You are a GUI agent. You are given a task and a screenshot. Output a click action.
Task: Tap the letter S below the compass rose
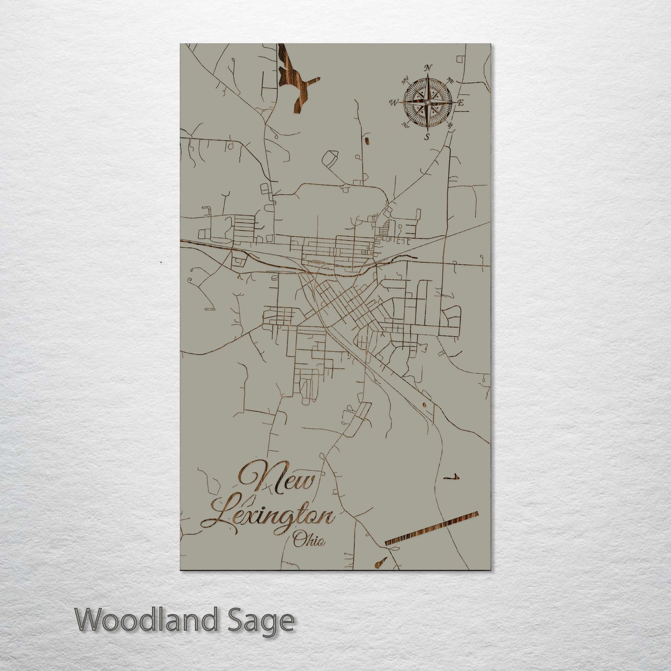click(x=427, y=136)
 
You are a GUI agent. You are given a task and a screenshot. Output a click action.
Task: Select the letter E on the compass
click(x=461, y=103)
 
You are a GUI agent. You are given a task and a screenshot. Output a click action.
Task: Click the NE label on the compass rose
click(x=450, y=80)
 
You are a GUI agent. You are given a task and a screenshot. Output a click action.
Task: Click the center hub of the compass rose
click(x=427, y=102)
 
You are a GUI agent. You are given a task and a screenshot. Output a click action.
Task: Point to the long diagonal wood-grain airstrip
click(x=431, y=528)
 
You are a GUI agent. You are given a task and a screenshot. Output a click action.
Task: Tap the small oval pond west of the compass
click(x=367, y=140)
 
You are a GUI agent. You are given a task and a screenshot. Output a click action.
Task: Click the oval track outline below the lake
click(x=329, y=160)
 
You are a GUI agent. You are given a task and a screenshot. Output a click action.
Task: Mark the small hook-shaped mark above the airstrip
click(x=451, y=477)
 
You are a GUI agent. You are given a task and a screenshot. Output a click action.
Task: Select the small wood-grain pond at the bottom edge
click(x=380, y=562)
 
